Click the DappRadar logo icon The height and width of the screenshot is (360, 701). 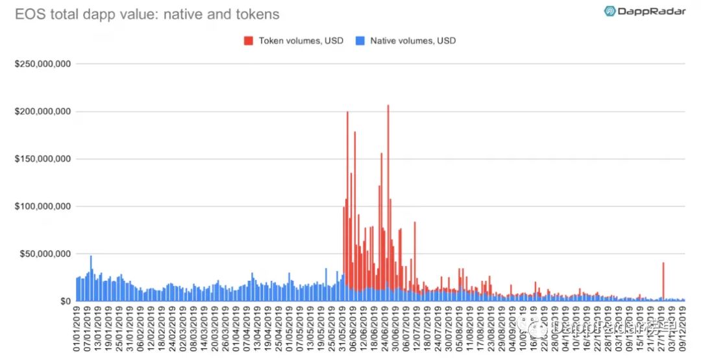tap(611, 11)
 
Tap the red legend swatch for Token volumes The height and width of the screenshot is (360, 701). tap(249, 41)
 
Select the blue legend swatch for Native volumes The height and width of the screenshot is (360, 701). tap(360, 41)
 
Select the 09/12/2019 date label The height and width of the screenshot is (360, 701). tap(682, 331)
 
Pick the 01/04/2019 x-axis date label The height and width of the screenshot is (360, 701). tap(233, 331)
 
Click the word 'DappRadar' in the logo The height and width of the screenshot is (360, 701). tap(652, 11)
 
